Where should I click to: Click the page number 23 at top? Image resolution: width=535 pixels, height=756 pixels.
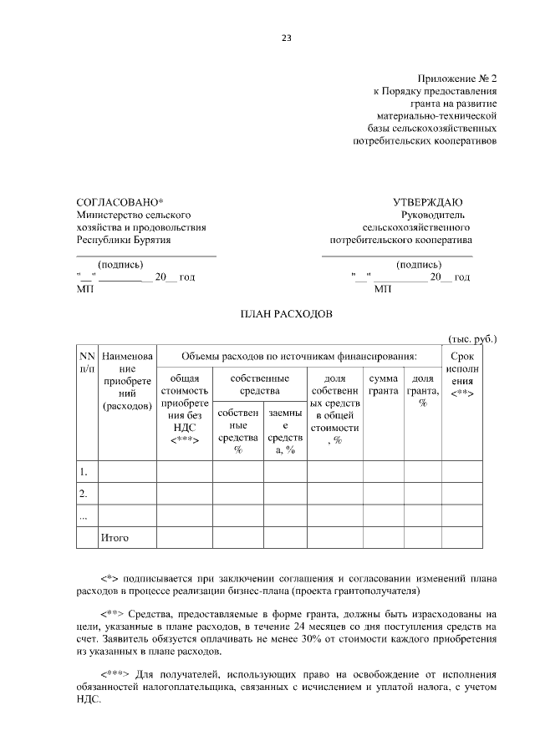tap(286, 37)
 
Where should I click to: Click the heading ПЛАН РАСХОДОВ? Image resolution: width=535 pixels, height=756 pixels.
tap(287, 314)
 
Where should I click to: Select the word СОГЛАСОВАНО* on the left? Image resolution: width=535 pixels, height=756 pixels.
tap(120, 202)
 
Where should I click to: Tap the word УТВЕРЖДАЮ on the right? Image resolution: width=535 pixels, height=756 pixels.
tap(427, 202)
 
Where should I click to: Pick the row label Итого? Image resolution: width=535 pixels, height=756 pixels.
tap(115, 537)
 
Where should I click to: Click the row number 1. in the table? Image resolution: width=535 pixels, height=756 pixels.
tap(84, 472)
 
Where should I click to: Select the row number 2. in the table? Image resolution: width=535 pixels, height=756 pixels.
tap(84, 494)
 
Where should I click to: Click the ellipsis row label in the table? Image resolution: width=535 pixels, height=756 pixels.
tap(83, 515)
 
